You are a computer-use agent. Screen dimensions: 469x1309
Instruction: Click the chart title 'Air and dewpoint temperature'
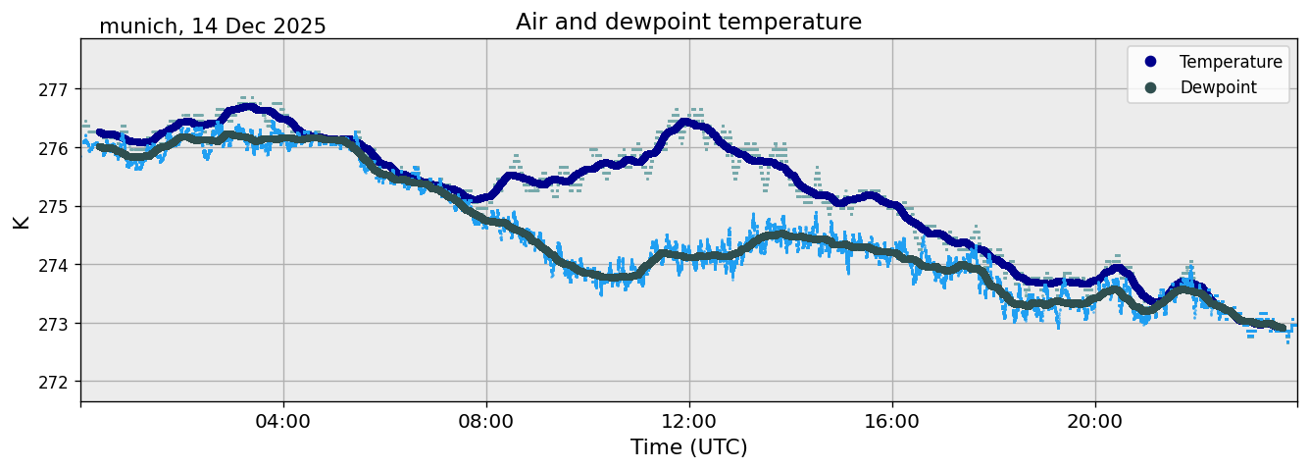click(688, 22)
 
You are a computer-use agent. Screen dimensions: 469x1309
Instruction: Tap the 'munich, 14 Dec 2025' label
click(213, 26)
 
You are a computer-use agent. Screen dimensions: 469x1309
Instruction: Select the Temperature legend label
click(1231, 62)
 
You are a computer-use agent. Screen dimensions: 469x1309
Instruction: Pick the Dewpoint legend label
click(1218, 87)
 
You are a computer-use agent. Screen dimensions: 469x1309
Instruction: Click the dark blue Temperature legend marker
click(1150, 62)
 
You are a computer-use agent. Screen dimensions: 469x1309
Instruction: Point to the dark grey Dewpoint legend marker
click(1150, 87)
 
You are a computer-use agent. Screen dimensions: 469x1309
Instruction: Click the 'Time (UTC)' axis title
click(688, 447)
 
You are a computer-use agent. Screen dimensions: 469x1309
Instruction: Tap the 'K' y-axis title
click(22, 221)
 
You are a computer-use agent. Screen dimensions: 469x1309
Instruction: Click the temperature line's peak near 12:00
click(686, 123)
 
